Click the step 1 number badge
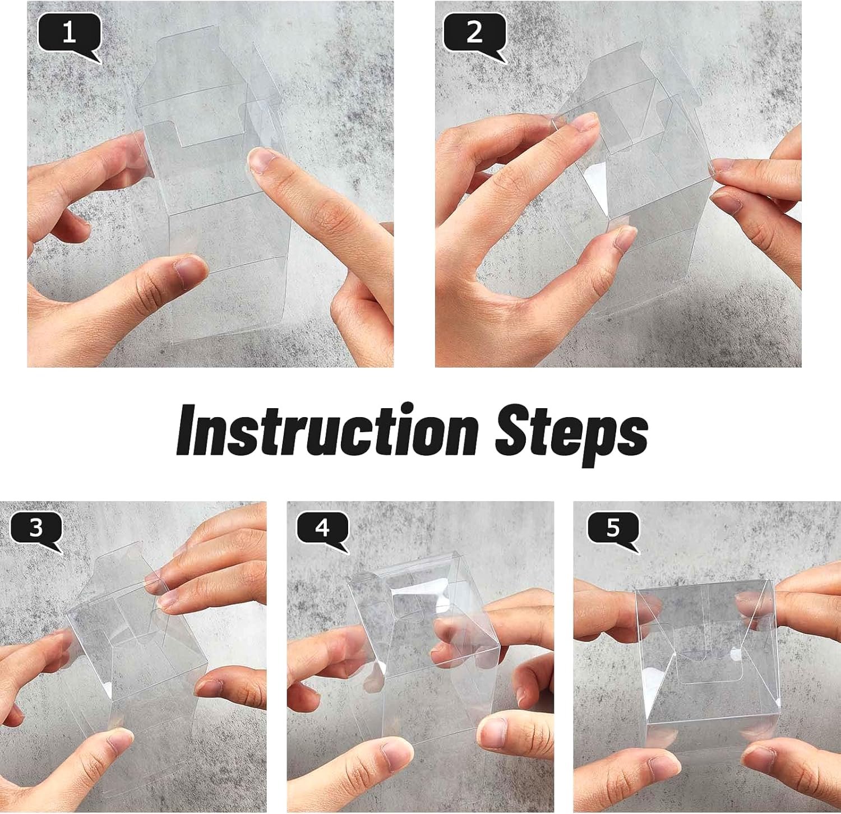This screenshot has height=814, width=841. coord(69,33)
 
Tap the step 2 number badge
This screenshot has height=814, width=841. coord(474,33)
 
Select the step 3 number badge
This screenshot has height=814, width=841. coord(36,528)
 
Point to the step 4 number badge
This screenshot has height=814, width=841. coord(322,528)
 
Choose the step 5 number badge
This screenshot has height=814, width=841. coord(613,528)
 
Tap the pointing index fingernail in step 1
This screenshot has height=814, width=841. coord(261,160)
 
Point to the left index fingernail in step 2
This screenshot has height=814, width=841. coord(585,121)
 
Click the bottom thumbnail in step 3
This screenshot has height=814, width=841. coord(119,741)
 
